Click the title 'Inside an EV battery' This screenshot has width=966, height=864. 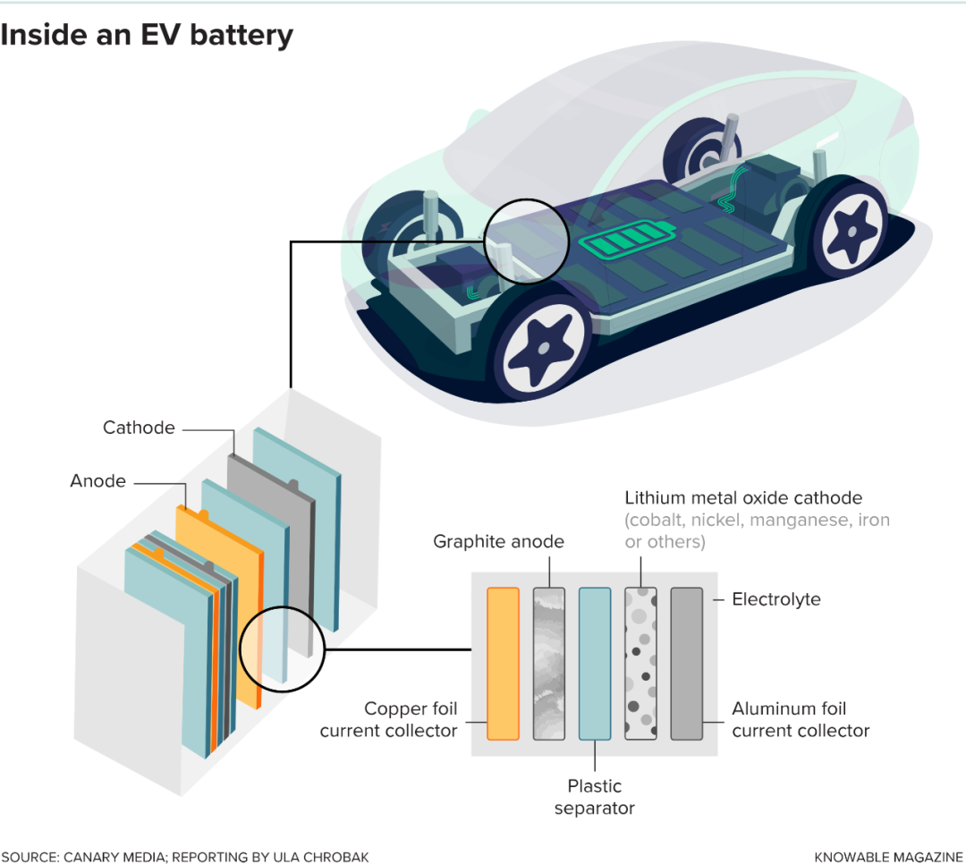[147, 35]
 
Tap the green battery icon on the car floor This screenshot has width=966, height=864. [625, 242]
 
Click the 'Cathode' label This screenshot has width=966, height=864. [139, 428]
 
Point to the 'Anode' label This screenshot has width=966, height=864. [97, 481]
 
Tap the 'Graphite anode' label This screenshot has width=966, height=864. [498, 541]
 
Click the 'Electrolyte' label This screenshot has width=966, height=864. [775, 599]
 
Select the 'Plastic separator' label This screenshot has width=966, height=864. [595, 797]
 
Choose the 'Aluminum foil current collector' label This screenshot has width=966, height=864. [800, 720]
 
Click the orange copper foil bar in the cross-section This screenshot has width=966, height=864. [503, 663]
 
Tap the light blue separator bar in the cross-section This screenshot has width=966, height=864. [595, 663]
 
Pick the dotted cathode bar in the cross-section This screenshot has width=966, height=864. [641, 663]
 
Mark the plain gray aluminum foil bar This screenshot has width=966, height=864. [687, 663]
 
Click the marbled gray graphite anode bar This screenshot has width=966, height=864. [548, 663]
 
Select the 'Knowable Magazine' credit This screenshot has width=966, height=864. [889, 856]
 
